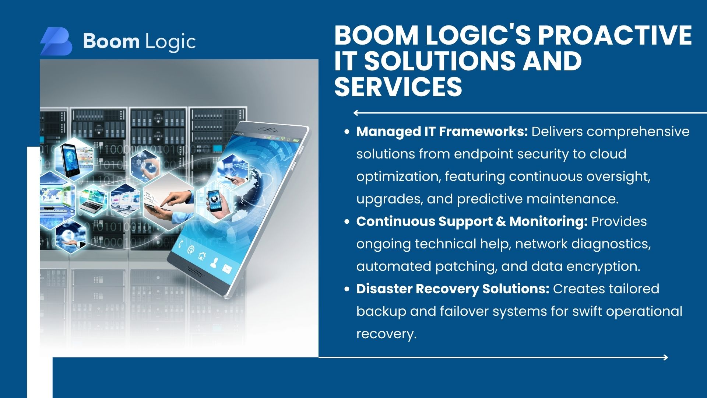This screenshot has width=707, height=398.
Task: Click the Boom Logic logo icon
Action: coord(56,41)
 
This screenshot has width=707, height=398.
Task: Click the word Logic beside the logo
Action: coord(170,42)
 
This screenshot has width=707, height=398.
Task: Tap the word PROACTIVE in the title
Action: coord(615,35)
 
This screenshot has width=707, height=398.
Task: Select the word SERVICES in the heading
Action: coord(398,86)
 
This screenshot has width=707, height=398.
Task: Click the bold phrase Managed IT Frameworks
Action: coord(442,132)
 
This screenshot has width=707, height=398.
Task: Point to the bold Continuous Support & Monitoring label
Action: coord(472,221)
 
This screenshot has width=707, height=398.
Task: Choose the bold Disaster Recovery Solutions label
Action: coord(453,289)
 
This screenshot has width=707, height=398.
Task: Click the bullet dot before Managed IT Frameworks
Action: coord(347,132)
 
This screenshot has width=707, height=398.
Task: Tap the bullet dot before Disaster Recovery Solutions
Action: coord(347,289)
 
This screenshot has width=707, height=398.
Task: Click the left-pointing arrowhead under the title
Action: coord(356,113)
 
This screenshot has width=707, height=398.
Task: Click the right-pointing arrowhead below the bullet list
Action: coord(665,357)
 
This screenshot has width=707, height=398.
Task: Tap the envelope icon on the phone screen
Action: coord(226,269)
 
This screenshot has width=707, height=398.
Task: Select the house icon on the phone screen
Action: coord(202,255)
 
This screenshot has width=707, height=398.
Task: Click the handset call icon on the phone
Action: coord(180,244)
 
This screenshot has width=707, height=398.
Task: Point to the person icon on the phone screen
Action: coord(214,262)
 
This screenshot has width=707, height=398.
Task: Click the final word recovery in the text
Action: coord(386,334)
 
